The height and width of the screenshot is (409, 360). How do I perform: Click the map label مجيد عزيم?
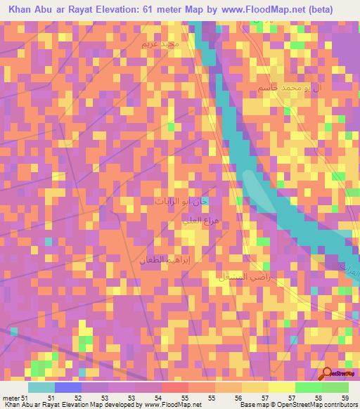click(x=161, y=44)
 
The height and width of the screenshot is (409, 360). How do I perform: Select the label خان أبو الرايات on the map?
click(x=182, y=201)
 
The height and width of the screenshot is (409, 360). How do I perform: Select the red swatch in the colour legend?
click(x=174, y=387)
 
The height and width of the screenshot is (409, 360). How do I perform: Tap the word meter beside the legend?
click(x=11, y=398)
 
